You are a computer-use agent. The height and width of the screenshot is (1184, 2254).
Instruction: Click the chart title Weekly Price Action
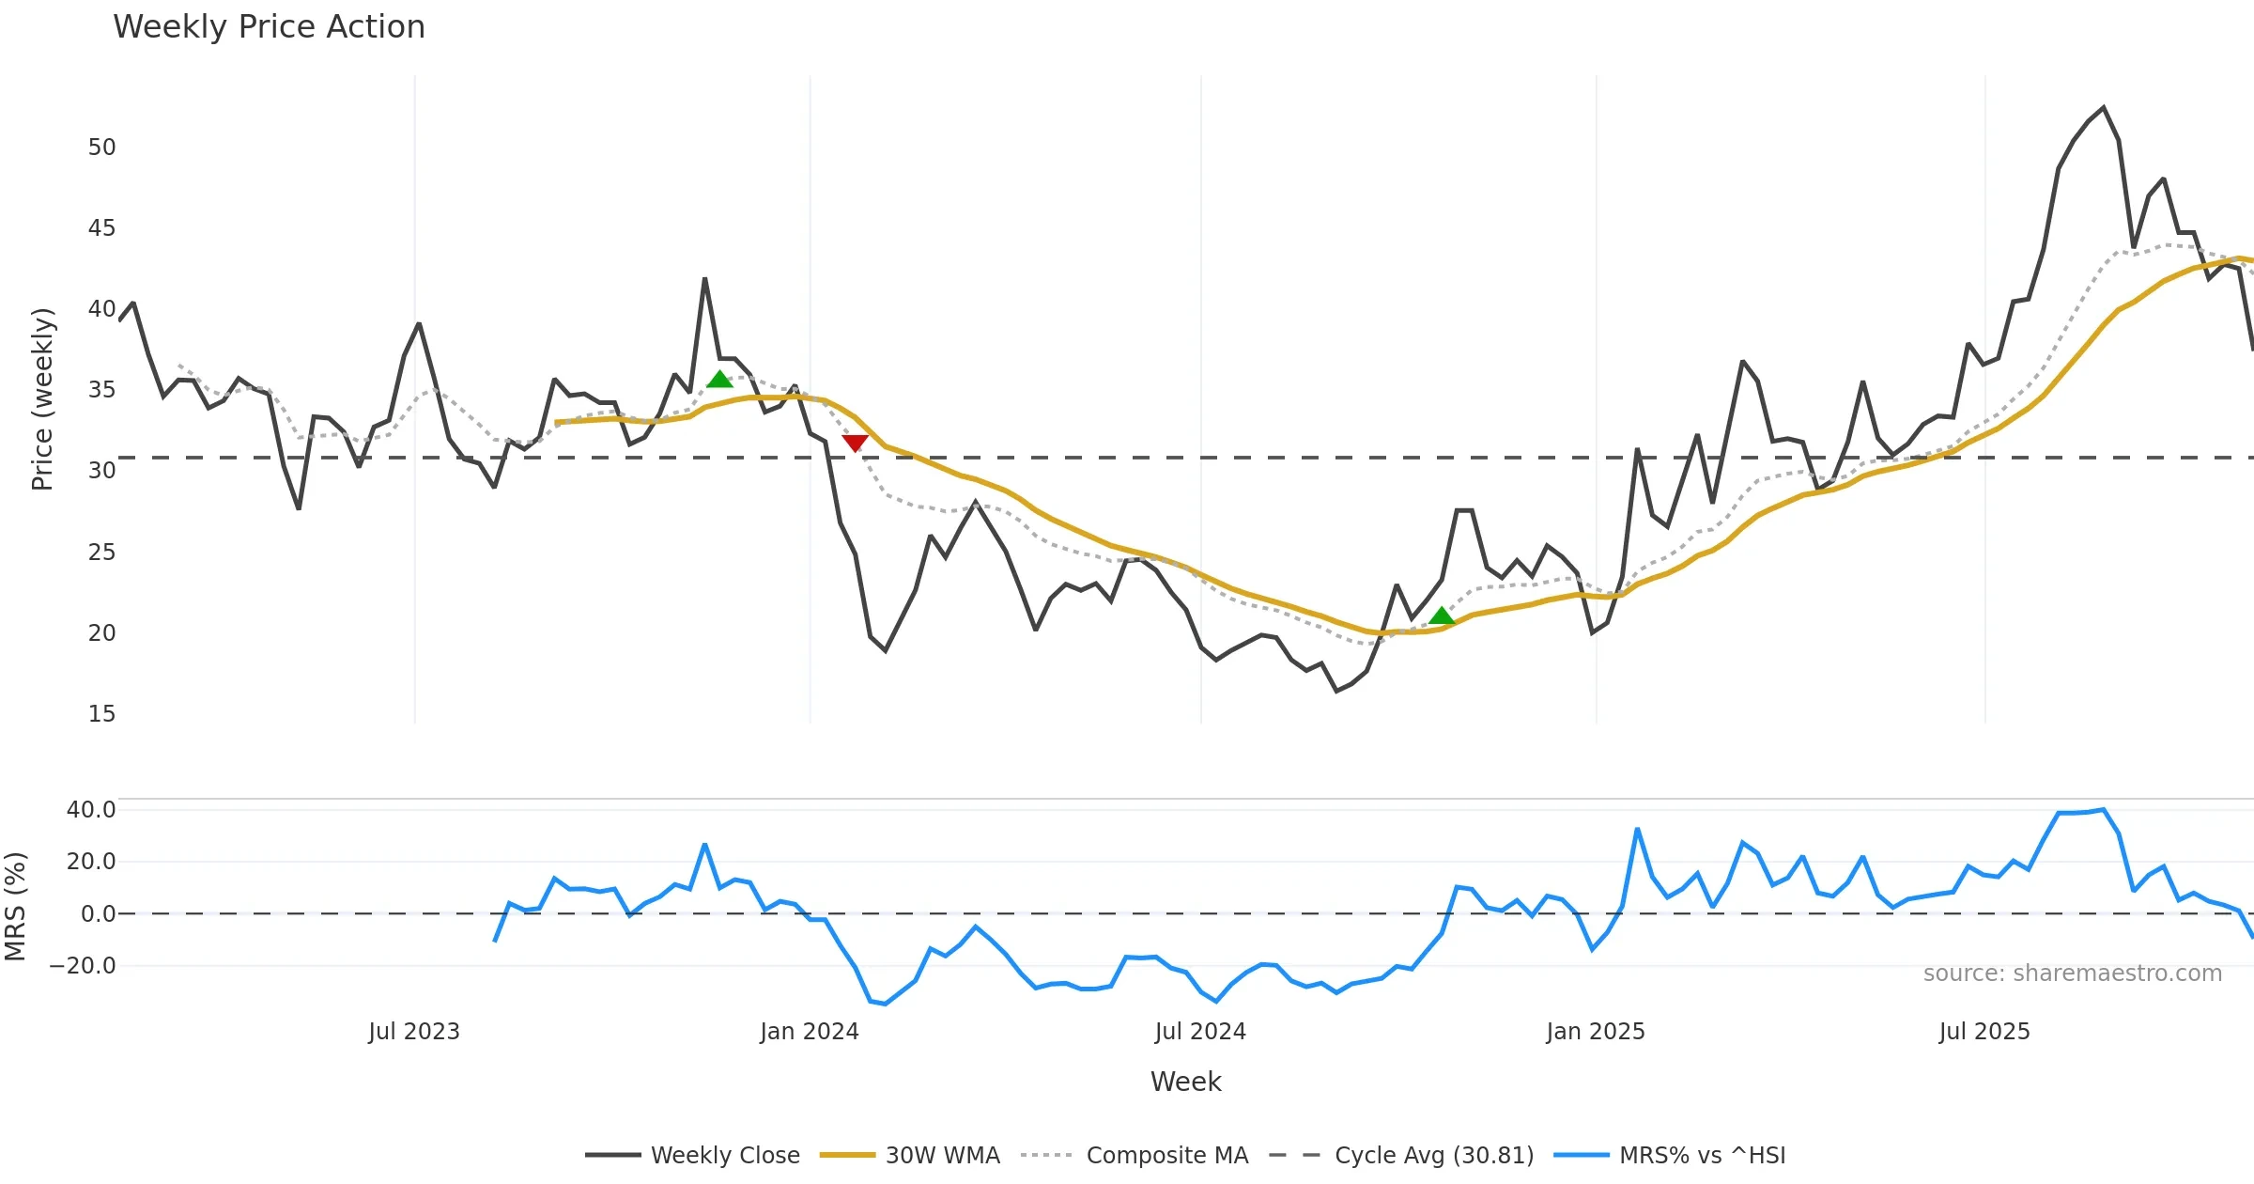pyautogui.click(x=269, y=27)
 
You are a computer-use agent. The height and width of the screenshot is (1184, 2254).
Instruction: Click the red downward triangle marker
pyautogui.click(x=855, y=443)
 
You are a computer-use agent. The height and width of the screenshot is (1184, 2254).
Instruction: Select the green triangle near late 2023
pyautogui.click(x=719, y=380)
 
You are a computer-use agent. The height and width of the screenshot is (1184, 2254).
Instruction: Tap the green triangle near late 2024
pyautogui.click(x=1442, y=616)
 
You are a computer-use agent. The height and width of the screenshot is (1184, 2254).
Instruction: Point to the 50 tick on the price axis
pyautogui.click(x=101, y=148)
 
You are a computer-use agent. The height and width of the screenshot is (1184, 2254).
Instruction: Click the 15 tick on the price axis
pyautogui.click(x=101, y=714)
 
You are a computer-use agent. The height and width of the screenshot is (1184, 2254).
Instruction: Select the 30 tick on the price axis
pyautogui.click(x=101, y=471)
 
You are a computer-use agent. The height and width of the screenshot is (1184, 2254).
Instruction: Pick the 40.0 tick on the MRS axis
pyautogui.click(x=91, y=810)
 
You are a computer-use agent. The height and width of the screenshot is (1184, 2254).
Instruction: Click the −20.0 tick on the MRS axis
pyautogui.click(x=83, y=966)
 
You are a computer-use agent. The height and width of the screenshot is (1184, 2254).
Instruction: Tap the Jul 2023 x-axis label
pyautogui.click(x=414, y=1032)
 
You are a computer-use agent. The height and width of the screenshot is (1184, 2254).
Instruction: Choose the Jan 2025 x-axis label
pyautogui.click(x=1596, y=1032)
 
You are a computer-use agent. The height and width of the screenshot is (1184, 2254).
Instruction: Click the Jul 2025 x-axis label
pyautogui.click(x=1984, y=1032)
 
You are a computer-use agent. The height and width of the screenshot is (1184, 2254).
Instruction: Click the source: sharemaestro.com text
pyautogui.click(x=2072, y=974)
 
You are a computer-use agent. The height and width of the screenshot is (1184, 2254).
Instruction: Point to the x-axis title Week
pyautogui.click(x=1185, y=1083)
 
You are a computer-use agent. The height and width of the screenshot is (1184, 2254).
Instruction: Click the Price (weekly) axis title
pyautogui.click(x=42, y=399)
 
